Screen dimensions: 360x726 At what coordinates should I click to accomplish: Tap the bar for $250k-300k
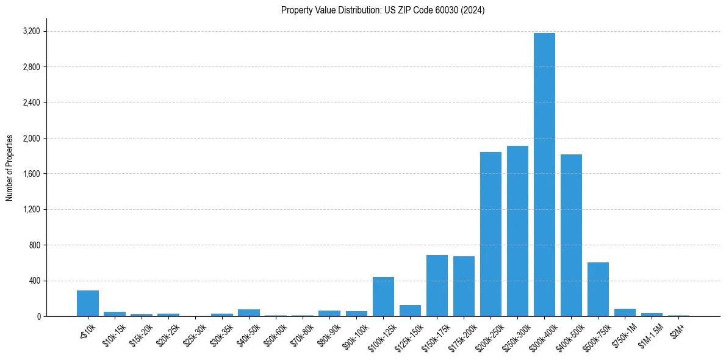[x=517, y=231]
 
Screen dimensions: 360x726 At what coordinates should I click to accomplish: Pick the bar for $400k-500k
[x=571, y=236]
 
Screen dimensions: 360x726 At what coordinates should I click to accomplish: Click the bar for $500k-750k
[x=598, y=289]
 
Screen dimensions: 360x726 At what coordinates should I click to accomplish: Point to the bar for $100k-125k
[x=383, y=297]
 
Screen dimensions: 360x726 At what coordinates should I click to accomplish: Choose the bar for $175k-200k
[x=464, y=286]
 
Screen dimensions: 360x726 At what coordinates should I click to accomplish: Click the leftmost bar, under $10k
[x=88, y=303]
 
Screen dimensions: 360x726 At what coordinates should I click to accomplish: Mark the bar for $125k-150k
[x=410, y=311]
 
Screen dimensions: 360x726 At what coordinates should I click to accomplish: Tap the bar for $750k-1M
[x=625, y=312]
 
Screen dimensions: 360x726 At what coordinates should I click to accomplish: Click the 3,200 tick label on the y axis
[x=31, y=31]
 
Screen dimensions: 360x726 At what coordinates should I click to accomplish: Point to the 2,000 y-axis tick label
[x=31, y=139]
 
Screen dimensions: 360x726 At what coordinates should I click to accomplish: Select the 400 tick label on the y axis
[x=35, y=281]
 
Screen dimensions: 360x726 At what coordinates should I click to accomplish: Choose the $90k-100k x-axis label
[x=355, y=333]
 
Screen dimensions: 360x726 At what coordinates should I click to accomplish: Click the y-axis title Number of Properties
[x=9, y=167]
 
